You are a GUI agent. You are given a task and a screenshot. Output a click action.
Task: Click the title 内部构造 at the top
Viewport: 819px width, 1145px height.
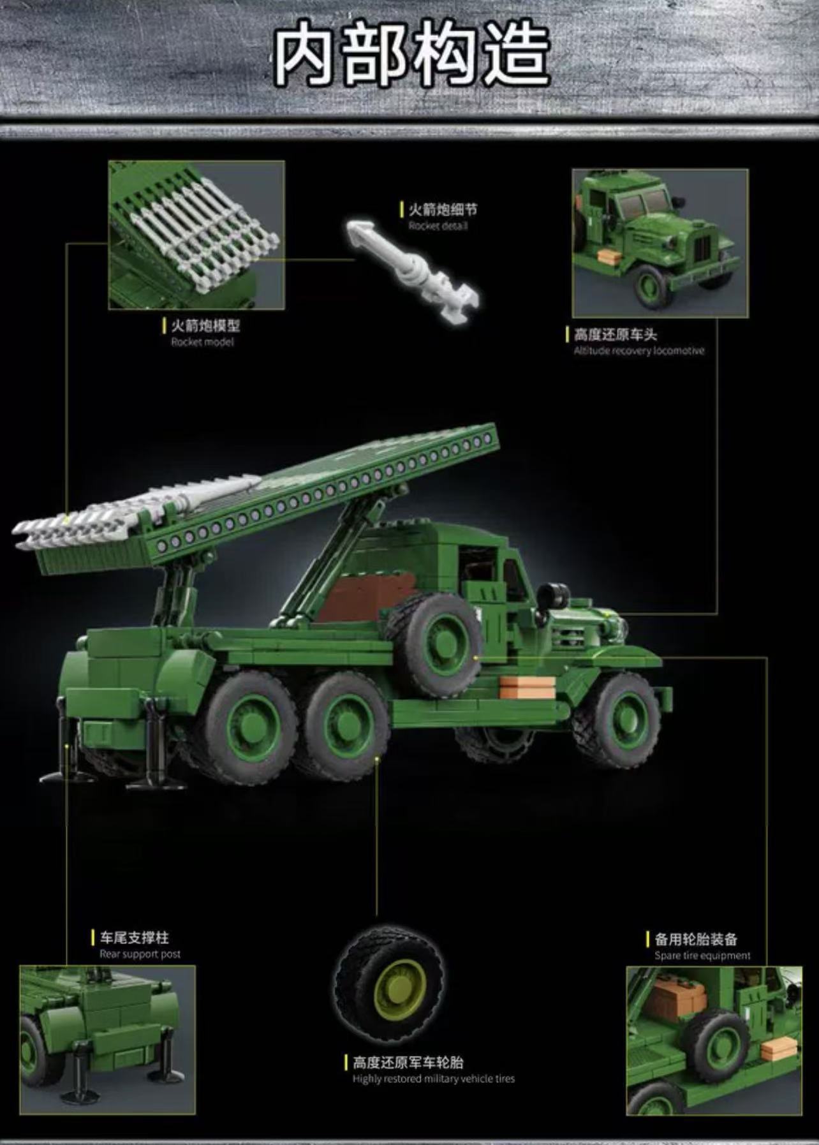pos(412,56)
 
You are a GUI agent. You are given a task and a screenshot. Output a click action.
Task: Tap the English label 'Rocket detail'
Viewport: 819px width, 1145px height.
pos(438,226)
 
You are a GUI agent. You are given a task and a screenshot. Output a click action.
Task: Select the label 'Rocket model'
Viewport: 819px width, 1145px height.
pos(202,342)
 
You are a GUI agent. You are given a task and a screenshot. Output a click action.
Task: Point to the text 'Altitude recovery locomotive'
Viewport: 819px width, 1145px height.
pos(638,350)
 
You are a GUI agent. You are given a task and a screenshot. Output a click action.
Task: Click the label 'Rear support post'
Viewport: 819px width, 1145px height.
pos(140,954)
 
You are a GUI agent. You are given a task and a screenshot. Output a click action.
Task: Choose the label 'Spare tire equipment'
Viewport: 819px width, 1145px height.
pos(702,956)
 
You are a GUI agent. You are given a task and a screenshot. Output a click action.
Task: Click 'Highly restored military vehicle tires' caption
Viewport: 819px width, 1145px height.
pos(433,1079)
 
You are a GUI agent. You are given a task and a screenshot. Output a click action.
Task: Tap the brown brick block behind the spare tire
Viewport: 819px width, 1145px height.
pos(357,596)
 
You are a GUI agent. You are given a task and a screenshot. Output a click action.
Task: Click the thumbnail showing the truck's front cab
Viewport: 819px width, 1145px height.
pos(660,243)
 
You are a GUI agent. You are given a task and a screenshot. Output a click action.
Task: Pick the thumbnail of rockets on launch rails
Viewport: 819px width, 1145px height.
pos(196,235)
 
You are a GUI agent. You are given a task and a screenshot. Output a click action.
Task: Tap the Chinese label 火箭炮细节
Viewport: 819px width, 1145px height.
pos(442,210)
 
